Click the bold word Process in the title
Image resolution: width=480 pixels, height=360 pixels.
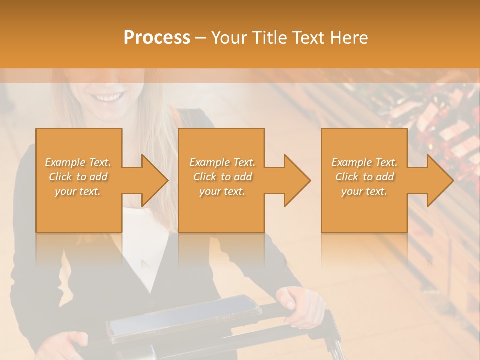157,37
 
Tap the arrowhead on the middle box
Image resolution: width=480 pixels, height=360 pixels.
296,180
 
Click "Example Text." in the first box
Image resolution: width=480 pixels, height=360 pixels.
78,162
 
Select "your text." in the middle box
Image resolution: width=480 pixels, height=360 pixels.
222,191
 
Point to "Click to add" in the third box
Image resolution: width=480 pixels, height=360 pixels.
364,177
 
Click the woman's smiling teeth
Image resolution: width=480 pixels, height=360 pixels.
108,96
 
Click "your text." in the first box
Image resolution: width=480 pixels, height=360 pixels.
78,191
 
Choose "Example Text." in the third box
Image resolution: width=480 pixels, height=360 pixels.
364,162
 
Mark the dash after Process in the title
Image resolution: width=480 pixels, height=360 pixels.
201,38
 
